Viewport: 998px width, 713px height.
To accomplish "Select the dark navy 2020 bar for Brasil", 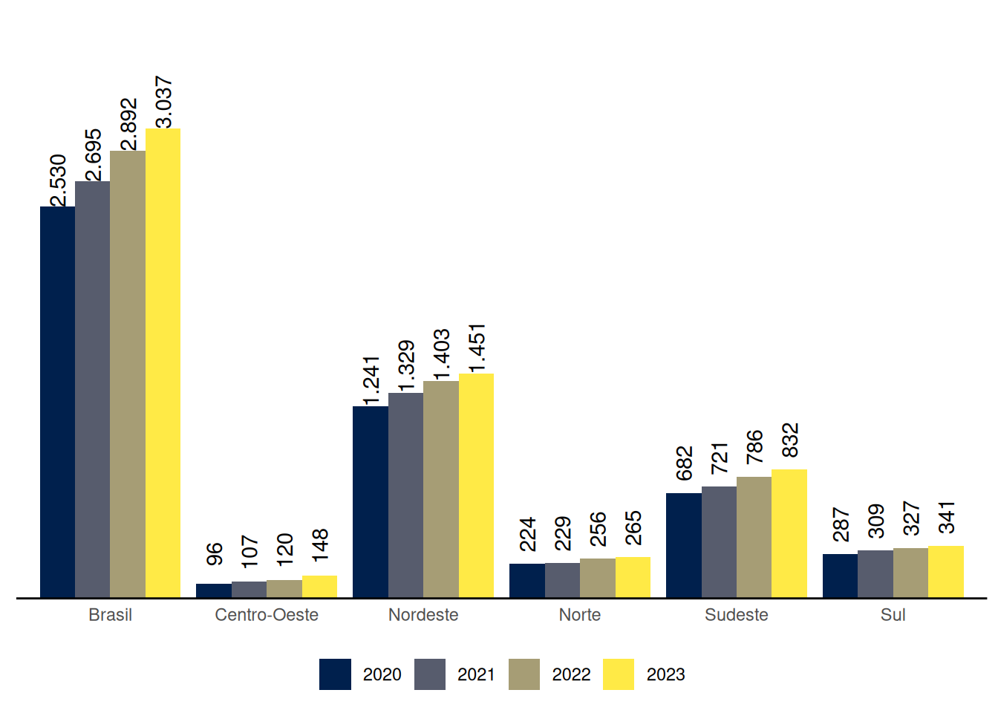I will click(57, 402).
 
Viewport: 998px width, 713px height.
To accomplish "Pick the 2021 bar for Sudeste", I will click(719, 541).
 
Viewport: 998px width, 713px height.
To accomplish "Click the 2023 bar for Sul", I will click(946, 571).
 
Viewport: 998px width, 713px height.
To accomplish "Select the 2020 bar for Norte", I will click(527, 580).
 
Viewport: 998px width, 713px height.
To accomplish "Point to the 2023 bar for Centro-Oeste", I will click(319, 586).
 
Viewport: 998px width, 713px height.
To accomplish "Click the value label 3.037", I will click(163, 102).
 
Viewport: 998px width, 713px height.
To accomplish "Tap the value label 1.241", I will click(371, 380).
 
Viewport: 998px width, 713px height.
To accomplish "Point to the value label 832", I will click(790, 440).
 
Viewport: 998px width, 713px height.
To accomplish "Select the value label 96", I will click(215, 554).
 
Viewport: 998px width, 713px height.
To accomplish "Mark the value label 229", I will click(563, 533).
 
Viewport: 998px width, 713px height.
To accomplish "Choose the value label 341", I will click(947, 518).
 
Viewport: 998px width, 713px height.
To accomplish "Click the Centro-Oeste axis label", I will click(267, 615).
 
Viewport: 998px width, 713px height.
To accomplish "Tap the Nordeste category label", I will click(423, 615).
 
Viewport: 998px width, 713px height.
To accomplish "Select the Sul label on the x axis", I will click(893, 615).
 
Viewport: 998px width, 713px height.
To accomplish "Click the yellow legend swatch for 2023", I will click(619, 674).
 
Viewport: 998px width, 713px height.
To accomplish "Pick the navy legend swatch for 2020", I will click(335, 674).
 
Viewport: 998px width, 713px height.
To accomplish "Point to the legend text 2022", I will click(571, 674).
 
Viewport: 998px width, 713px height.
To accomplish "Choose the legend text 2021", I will click(476, 674).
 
